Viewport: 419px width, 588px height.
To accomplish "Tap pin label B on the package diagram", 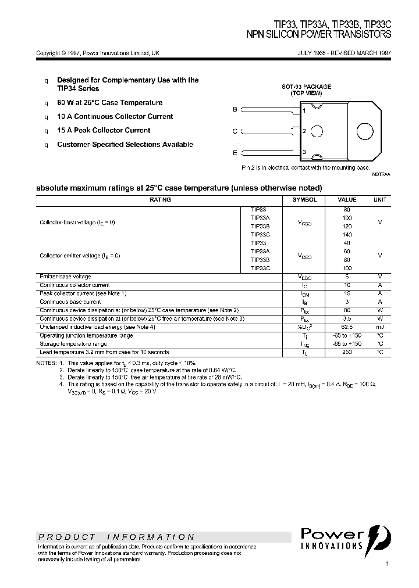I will point(235,109).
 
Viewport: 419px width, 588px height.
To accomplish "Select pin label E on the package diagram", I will point(235,153).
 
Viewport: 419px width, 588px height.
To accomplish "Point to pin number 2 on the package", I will point(304,131).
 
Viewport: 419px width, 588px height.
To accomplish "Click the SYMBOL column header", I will point(304,200).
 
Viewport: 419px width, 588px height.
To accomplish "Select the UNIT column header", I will point(379,200).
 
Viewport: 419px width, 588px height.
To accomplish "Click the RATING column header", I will point(160,200).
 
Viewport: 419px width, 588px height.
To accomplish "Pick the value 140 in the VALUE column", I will point(347,235).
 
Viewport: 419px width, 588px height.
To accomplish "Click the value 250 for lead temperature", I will point(347,352).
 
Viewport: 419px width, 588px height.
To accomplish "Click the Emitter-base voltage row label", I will point(65,277).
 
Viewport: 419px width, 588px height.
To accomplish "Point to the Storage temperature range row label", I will point(73,344).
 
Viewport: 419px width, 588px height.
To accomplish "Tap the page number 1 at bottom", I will point(387,564).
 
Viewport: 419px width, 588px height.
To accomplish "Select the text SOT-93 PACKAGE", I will point(307,87).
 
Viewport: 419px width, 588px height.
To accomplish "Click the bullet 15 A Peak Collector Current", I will point(104,131).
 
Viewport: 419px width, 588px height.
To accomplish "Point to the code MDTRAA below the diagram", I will point(382,174).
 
